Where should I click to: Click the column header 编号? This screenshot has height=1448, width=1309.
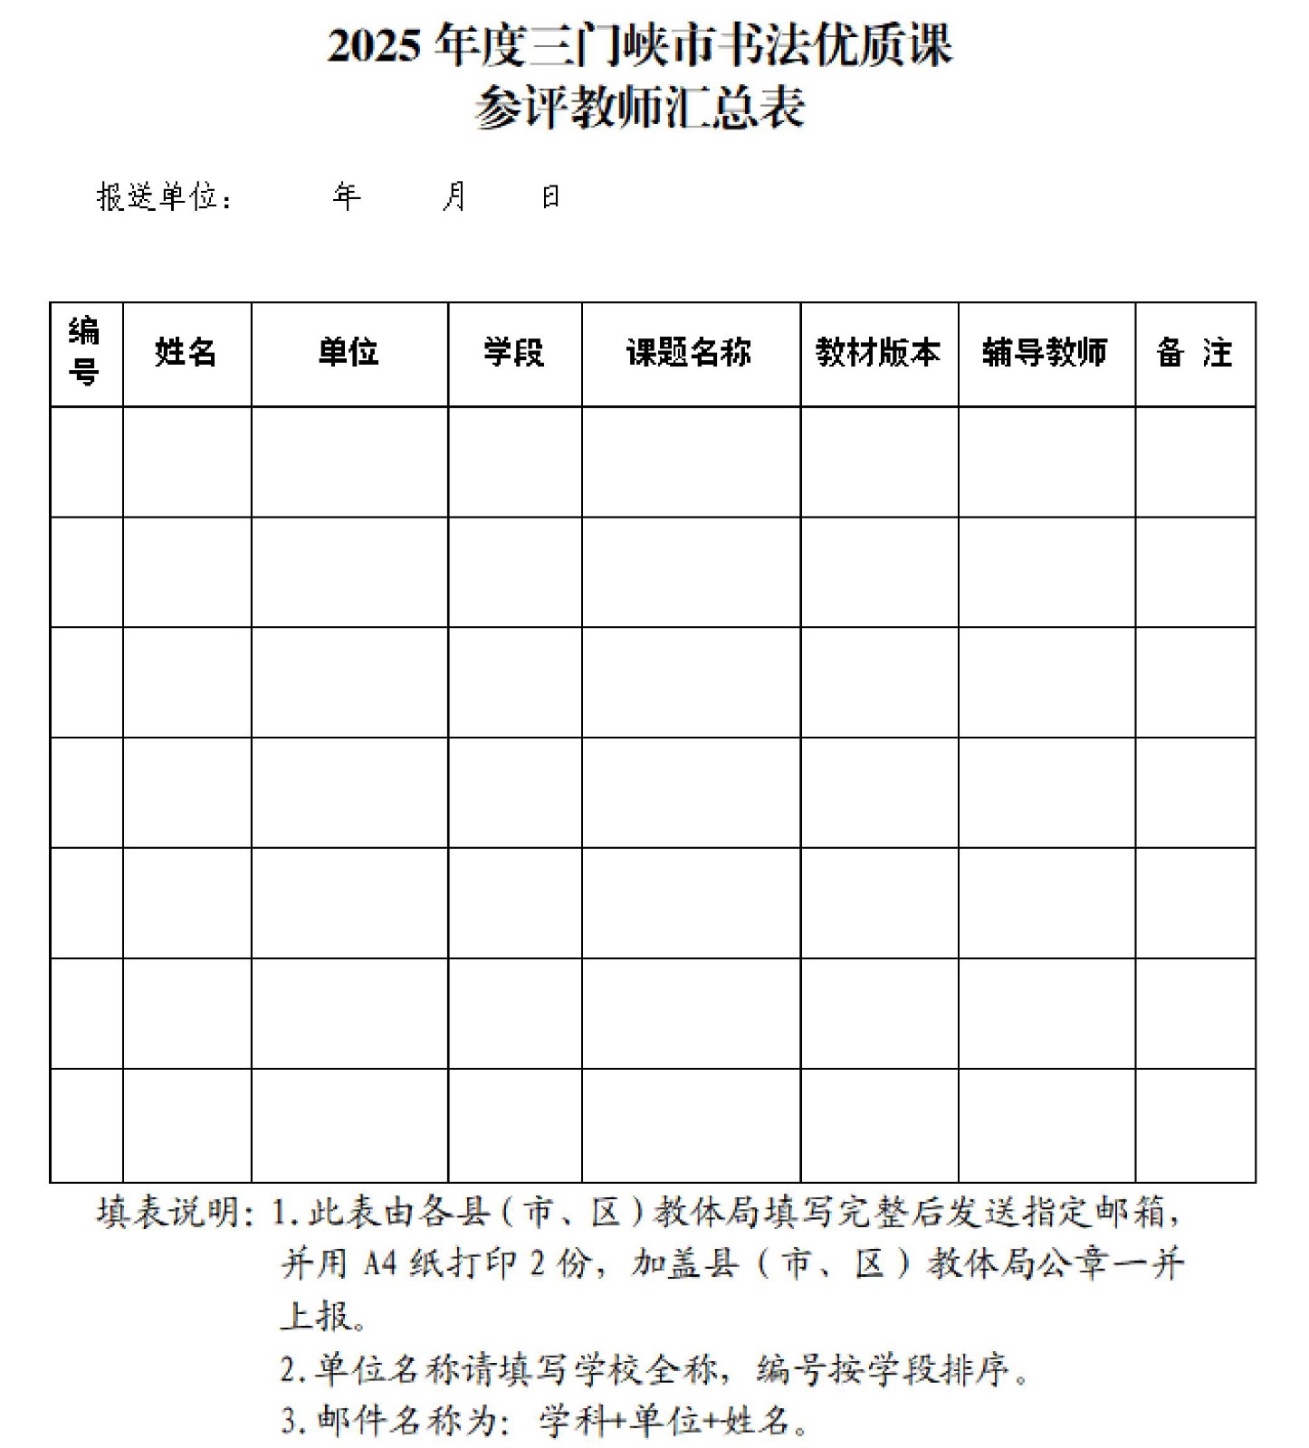coord(85,353)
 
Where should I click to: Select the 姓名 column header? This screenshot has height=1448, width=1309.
coord(186,353)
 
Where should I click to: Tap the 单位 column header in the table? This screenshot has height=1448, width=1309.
coord(349,353)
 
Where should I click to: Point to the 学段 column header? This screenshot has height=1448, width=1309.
coord(513,353)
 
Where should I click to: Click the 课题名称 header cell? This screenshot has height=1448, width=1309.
coord(689,353)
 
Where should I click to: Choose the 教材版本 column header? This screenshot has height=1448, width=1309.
coord(877,353)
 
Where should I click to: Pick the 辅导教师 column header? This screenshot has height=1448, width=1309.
coord(1045,353)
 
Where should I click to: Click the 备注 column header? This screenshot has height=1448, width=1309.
coord(1194,353)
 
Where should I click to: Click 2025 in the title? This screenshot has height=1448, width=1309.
coord(374,47)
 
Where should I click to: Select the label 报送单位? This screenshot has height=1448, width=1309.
coord(164,197)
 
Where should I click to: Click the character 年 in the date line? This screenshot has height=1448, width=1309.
coord(347,196)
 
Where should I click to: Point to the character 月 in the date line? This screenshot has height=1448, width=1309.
coord(454,196)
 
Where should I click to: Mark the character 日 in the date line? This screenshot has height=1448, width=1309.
coord(550,196)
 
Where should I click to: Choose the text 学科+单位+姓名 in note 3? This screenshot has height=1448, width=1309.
coord(666,1421)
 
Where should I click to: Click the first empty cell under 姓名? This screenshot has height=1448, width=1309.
coord(186,462)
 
